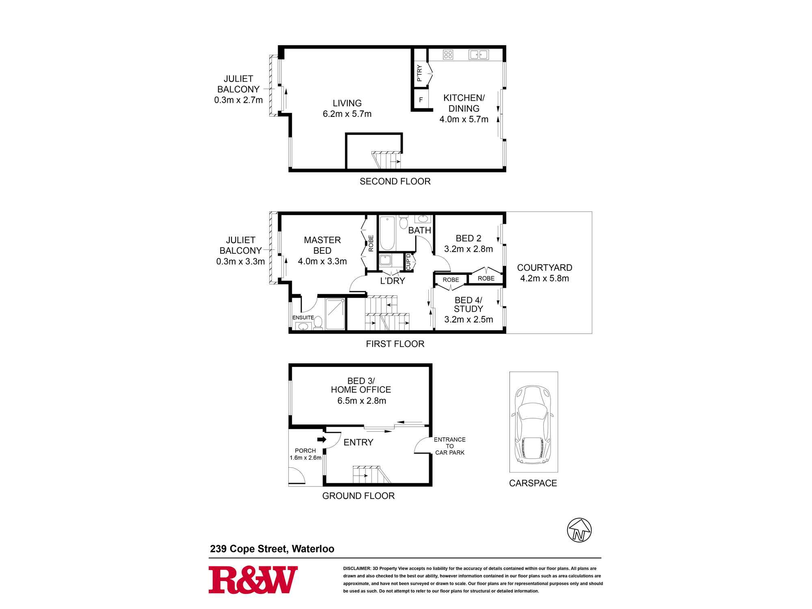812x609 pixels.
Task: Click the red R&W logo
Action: click(253, 580)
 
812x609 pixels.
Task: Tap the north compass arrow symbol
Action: click(579, 530)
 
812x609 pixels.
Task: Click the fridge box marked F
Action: click(421, 99)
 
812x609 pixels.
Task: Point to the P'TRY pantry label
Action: click(419, 73)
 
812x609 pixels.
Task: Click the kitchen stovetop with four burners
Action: click(448, 54)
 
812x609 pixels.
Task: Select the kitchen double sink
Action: click(479, 54)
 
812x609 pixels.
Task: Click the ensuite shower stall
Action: click(335, 314)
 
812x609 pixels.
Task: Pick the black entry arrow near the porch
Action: click(322, 439)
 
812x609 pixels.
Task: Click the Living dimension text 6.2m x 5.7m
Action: click(347, 114)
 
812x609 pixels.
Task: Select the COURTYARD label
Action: click(544, 268)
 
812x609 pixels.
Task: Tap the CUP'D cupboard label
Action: click(409, 261)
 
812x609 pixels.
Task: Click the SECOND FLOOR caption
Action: click(395, 181)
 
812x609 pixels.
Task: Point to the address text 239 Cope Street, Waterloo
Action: click(272, 549)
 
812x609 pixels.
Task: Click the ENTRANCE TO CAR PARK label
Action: click(450, 446)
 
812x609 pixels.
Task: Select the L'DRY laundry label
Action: click(393, 281)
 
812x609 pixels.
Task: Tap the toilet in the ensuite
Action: click(318, 322)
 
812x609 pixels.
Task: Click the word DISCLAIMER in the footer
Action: click(357, 568)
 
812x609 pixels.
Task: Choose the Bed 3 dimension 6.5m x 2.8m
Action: click(361, 401)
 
